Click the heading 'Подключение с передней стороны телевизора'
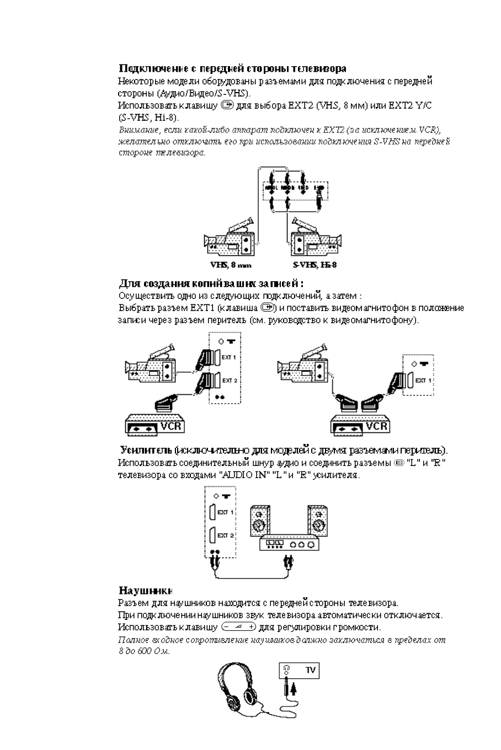tap(232, 68)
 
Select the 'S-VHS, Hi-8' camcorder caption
tap(315, 265)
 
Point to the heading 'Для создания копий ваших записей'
tap(211, 283)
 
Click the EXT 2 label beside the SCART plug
tap(229, 381)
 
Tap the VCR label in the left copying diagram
tap(171, 427)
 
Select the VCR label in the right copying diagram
tap(376, 427)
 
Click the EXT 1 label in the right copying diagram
tap(423, 381)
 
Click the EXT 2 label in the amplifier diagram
tap(226, 535)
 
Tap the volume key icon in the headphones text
tap(237, 627)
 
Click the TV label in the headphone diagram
tap(311, 670)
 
